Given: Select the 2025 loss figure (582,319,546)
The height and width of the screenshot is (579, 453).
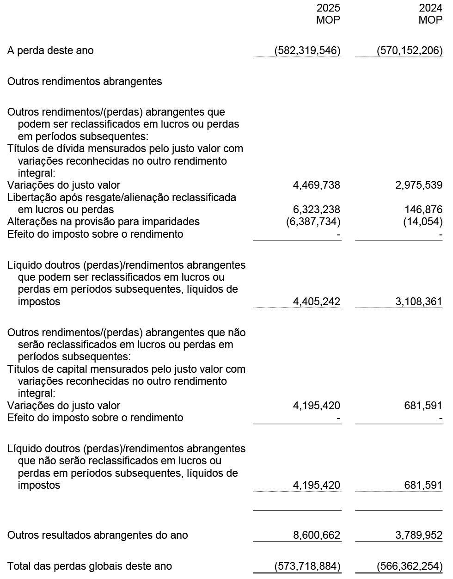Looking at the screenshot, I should [x=307, y=50].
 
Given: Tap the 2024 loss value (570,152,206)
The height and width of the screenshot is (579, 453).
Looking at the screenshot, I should [x=410, y=50].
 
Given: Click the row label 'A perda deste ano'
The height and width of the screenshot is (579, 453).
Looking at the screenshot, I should [x=50, y=50].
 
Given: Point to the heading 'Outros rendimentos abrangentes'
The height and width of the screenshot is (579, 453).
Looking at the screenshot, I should [x=85, y=81].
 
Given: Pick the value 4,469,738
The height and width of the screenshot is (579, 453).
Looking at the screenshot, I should [x=317, y=185].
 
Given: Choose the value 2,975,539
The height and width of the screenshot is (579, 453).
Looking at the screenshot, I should [x=419, y=185].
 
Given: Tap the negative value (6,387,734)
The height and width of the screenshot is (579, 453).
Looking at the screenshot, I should [x=313, y=222].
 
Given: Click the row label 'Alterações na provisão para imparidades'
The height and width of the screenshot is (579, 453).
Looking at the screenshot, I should [x=104, y=222].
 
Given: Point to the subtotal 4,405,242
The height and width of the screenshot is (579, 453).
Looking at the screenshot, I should [x=317, y=302].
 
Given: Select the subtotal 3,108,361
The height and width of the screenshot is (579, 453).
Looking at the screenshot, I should [x=419, y=302].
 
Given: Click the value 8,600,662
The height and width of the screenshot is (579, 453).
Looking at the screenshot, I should [x=317, y=536].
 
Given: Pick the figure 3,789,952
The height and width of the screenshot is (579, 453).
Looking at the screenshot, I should [x=419, y=536].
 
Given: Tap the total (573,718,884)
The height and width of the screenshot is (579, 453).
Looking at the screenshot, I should [x=307, y=566].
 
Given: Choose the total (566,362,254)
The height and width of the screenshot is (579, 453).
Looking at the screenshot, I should [x=410, y=566].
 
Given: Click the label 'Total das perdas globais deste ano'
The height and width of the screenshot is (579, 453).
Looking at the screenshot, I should [x=90, y=566].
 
